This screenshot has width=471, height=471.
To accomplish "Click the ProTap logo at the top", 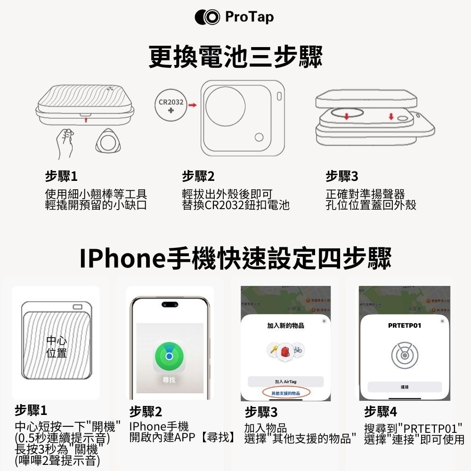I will [234, 17].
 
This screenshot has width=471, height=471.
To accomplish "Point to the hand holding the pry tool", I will [65, 141].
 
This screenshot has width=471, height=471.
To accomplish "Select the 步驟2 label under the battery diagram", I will [198, 177].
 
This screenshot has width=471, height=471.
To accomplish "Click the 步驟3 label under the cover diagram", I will [341, 177].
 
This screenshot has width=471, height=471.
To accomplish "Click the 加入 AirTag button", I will [285, 381].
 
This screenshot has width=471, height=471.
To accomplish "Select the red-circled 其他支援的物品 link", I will [285, 393].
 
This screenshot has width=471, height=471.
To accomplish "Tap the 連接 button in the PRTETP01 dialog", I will [405, 387].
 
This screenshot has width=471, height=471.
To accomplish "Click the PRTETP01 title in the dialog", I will [405, 326].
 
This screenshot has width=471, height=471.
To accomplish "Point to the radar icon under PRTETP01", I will [405, 354].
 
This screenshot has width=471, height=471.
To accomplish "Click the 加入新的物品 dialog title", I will [285, 326].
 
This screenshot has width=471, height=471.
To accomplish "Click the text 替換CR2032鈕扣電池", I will [235, 205].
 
